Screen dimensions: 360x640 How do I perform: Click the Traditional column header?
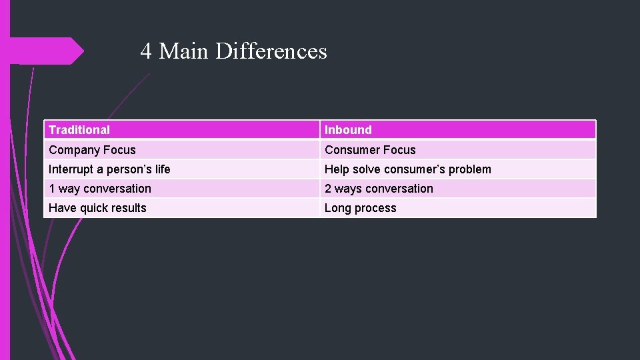click(79, 130)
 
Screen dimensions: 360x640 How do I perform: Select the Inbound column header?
click(348, 130)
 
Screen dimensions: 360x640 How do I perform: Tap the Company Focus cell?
click(92, 150)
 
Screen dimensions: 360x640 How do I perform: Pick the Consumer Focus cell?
click(370, 150)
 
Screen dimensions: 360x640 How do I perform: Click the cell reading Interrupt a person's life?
click(109, 169)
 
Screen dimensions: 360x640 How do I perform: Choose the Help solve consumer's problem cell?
click(407, 169)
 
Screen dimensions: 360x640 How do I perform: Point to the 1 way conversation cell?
click(100, 189)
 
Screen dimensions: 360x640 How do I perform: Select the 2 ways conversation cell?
click(379, 189)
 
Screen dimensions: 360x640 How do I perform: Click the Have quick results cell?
click(97, 208)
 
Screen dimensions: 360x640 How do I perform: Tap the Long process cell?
click(360, 208)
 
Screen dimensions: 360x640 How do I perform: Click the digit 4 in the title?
click(146, 51)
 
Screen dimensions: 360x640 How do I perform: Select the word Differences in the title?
click(271, 51)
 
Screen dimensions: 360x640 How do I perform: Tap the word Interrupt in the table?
click(71, 169)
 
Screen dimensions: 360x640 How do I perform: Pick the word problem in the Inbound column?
click(469, 169)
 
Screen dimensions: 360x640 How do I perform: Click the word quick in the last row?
click(95, 208)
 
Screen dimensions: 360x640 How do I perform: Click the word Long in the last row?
click(337, 208)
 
